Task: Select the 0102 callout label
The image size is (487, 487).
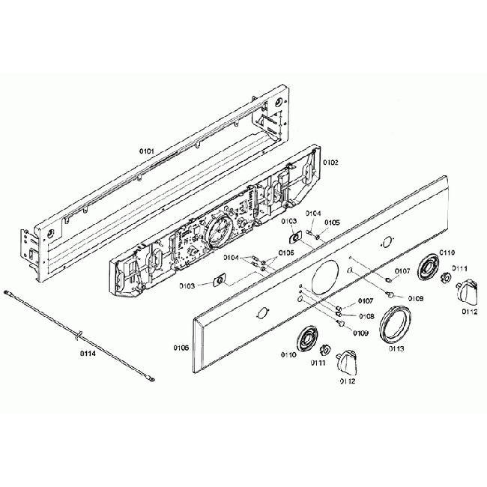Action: [x=330, y=162]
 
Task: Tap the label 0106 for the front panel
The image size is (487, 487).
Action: [x=181, y=348]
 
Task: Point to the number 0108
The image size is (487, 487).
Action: [x=367, y=316]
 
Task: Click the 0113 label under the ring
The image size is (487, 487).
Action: [x=397, y=349]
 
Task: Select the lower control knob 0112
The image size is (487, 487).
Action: [x=346, y=363]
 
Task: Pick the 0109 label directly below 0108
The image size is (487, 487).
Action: [x=361, y=333]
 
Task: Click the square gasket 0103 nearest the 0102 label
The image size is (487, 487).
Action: [x=295, y=237]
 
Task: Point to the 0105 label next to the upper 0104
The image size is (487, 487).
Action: [x=332, y=222]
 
